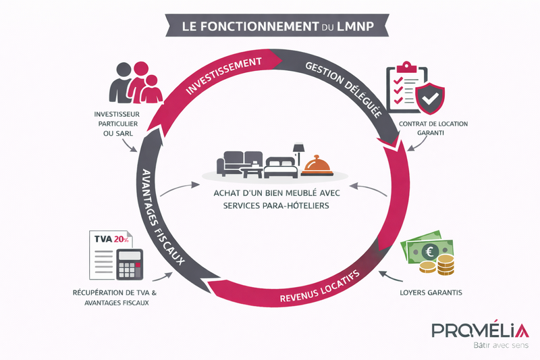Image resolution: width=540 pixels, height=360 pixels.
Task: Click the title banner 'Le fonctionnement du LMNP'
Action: click(269, 26)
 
